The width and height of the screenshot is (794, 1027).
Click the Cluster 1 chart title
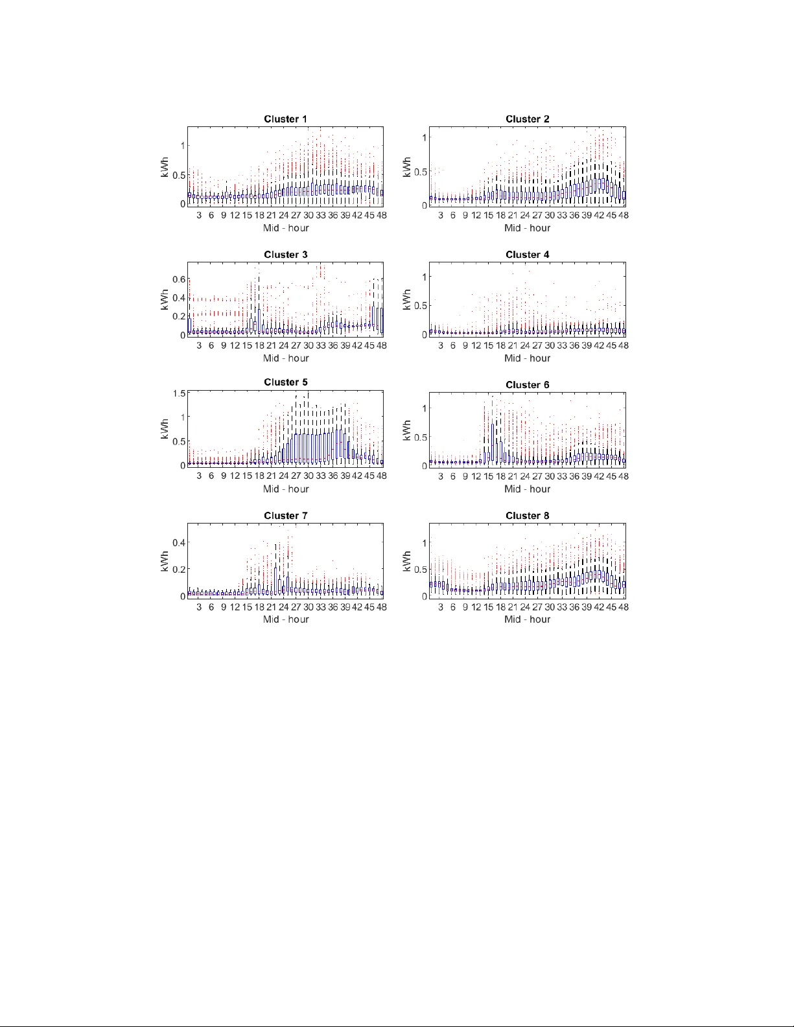coord(285,119)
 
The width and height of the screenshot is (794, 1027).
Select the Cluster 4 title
coord(527,255)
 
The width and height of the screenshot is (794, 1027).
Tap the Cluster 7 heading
coord(285,516)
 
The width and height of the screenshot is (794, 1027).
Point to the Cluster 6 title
coord(527,385)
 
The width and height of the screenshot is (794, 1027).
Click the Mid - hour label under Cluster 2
coord(527,228)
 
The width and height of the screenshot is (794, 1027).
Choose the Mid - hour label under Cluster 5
coord(285,489)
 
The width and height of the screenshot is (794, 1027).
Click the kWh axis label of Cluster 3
coord(165,299)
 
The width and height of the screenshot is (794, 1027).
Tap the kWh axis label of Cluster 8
coord(406,560)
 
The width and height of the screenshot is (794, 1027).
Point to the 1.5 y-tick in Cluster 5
coord(179,393)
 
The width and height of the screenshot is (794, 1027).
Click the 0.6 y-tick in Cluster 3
coord(179,279)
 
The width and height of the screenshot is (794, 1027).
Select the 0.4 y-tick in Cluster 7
coord(179,543)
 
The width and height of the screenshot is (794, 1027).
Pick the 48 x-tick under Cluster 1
coord(381,215)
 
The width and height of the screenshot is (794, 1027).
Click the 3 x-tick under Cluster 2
coord(441,215)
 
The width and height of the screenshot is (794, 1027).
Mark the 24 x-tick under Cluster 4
coord(525,345)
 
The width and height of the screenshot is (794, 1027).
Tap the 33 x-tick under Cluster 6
coord(562,476)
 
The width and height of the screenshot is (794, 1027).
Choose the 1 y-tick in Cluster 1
coord(183,146)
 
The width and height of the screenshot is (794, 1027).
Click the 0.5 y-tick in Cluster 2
coord(421,172)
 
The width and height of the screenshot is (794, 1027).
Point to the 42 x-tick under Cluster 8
coord(599,607)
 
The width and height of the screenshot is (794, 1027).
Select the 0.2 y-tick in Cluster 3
coord(179,317)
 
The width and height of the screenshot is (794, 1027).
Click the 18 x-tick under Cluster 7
coord(259,607)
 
